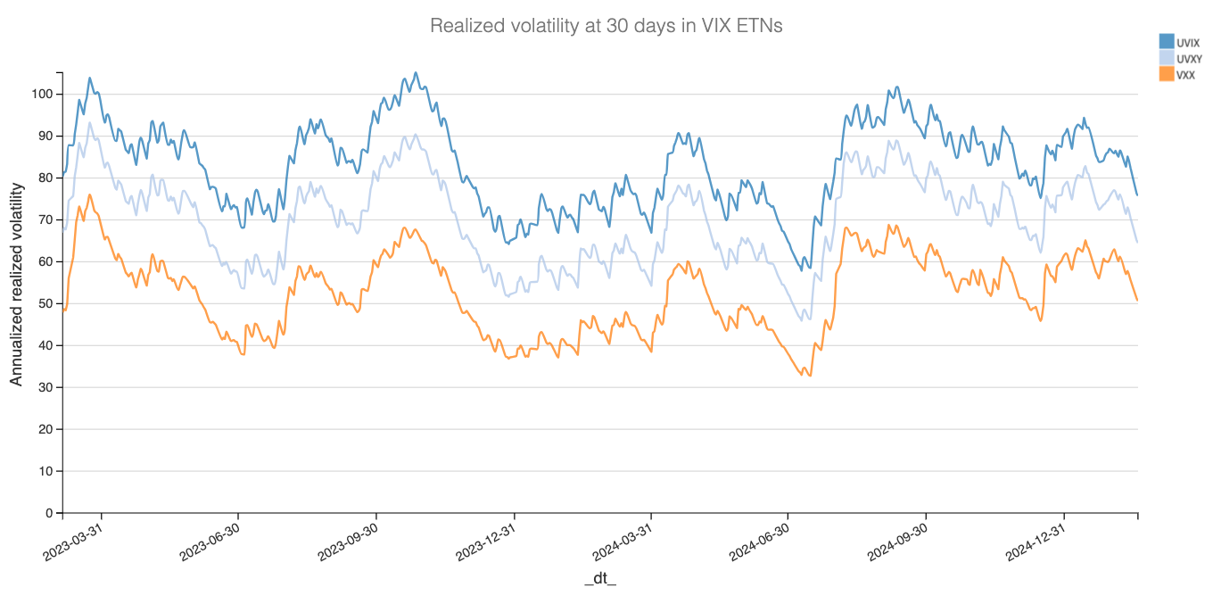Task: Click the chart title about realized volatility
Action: (606, 26)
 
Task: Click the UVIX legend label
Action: (1188, 43)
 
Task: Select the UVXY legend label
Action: (1190, 59)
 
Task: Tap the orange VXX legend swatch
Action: (1166, 75)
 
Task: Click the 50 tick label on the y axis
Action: (45, 304)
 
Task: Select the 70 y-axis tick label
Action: (45, 220)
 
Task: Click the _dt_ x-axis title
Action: (600, 580)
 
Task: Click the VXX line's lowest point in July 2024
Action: (810, 376)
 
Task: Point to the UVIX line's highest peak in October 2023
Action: (416, 72)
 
